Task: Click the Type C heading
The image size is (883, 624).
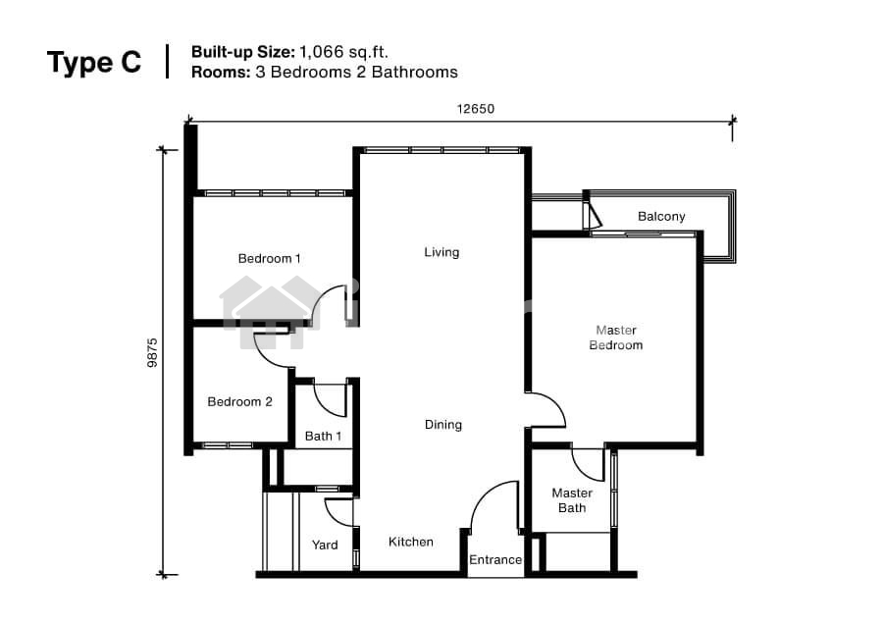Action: click(94, 62)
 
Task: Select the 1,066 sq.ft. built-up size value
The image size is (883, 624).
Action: click(344, 52)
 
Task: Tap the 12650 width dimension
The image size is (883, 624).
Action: click(476, 109)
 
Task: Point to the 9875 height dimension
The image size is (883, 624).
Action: click(153, 352)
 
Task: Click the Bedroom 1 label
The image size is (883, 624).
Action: click(269, 258)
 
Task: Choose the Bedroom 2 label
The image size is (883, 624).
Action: click(240, 401)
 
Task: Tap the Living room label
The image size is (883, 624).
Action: click(442, 252)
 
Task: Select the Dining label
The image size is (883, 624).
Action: click(443, 425)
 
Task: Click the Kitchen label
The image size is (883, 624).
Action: click(411, 542)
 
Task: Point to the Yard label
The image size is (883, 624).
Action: click(325, 545)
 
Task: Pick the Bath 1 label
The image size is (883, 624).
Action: click(323, 436)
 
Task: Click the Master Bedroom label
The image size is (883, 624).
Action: click(616, 338)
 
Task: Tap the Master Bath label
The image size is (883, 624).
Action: click(572, 500)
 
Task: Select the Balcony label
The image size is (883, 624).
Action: click(661, 216)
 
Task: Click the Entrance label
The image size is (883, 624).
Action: click(495, 560)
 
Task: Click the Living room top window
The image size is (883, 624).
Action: click(442, 150)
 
